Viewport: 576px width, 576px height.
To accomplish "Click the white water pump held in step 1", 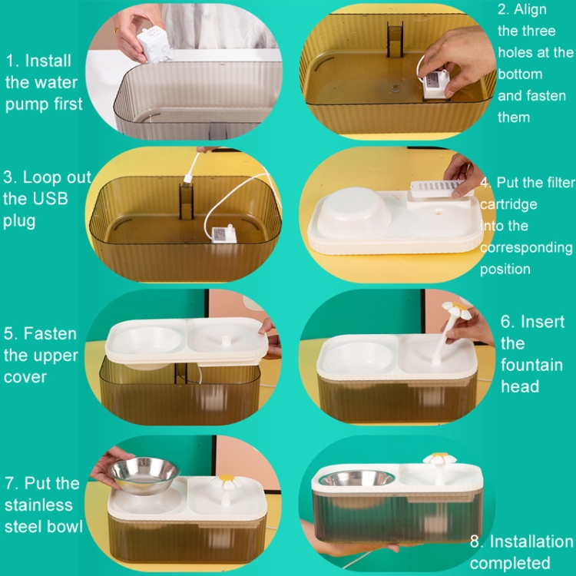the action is (x=154, y=45).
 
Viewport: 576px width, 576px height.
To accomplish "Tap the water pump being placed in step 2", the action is (x=436, y=84).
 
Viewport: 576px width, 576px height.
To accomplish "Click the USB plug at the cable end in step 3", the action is (x=187, y=178).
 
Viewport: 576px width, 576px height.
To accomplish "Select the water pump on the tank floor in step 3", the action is (x=224, y=234).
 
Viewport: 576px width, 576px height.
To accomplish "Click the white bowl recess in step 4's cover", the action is (x=353, y=212).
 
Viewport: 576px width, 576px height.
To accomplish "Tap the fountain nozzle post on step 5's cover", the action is (x=226, y=339).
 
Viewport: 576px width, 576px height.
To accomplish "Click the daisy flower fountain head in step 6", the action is (x=457, y=310).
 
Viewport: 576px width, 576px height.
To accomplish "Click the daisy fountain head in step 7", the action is (x=227, y=481).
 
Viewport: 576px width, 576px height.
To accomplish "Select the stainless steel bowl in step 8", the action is (x=356, y=478).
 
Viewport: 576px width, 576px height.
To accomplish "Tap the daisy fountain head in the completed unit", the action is (x=439, y=458).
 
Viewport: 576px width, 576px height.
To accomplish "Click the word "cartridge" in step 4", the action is (x=508, y=204).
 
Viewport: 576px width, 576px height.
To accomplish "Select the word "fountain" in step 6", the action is (x=531, y=365).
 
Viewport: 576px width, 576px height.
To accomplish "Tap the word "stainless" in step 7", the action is (x=38, y=505).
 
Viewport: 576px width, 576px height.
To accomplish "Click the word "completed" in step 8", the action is (x=510, y=563).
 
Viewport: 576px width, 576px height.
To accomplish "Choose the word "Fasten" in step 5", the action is (x=51, y=333).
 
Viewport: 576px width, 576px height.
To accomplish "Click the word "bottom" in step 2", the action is (x=520, y=74).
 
